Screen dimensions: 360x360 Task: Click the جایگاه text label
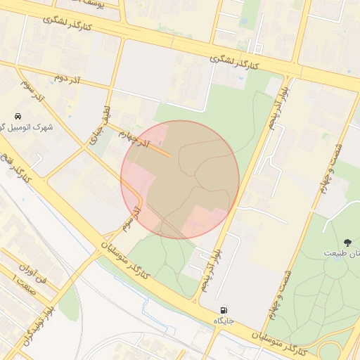(224, 321)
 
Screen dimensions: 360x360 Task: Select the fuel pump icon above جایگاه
(224, 310)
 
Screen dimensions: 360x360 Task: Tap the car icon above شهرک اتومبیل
(18, 115)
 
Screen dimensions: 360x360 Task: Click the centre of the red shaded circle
(180, 180)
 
